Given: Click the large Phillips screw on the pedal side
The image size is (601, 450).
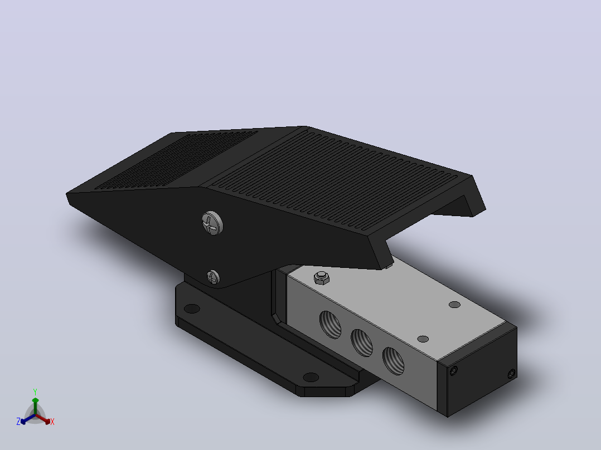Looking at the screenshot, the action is click(x=212, y=223).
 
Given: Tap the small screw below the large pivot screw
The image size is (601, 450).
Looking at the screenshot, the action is click(x=213, y=277).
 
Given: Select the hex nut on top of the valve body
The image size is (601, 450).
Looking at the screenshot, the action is click(x=322, y=277).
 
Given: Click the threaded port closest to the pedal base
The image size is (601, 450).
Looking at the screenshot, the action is click(x=331, y=325).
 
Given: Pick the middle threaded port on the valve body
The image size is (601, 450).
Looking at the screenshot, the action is click(x=362, y=343).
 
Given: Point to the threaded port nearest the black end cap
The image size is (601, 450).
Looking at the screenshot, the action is click(x=393, y=361).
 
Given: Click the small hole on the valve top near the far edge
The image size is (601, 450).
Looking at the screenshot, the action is click(x=454, y=305).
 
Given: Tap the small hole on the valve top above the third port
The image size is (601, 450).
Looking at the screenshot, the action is click(x=423, y=339).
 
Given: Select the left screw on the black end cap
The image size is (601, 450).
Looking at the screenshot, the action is click(x=453, y=371).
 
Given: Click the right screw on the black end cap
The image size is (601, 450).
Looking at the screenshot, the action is click(x=511, y=374).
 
